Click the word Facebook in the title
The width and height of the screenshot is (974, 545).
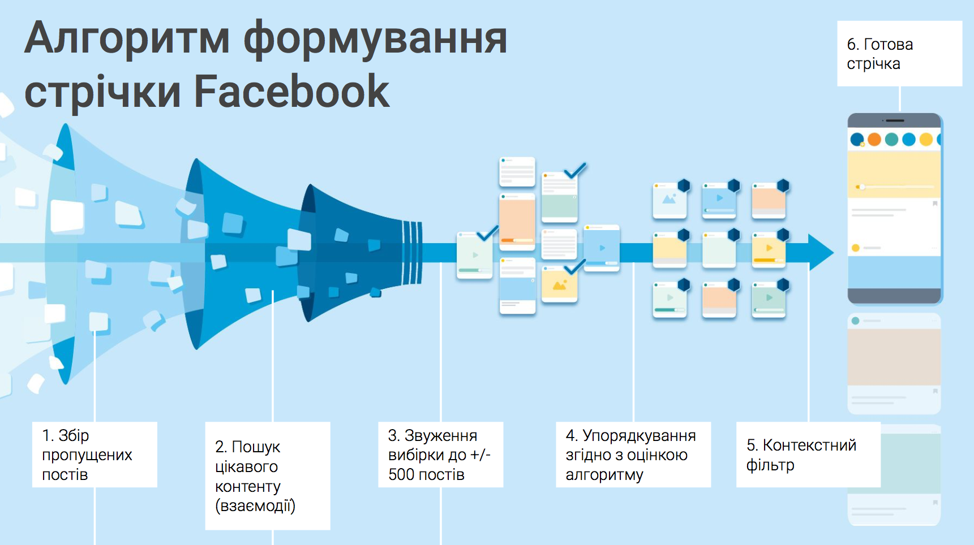click(x=291, y=91)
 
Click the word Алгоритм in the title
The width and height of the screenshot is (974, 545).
click(x=127, y=38)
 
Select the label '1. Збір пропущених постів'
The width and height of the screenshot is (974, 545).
click(x=94, y=455)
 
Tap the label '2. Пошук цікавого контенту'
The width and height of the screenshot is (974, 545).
click(x=267, y=475)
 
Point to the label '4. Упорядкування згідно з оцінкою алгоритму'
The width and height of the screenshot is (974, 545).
click(x=633, y=455)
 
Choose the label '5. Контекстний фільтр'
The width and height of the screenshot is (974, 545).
click(x=808, y=455)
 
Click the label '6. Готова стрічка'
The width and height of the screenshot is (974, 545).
click(x=899, y=54)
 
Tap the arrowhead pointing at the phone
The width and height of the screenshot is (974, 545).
click(x=821, y=252)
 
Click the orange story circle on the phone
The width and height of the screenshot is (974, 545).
click(x=874, y=139)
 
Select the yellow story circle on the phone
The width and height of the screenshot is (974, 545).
click(x=926, y=139)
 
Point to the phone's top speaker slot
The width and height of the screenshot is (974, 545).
click(x=894, y=120)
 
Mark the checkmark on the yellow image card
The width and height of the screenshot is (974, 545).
click(x=575, y=266)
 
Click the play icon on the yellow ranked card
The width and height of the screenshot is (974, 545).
click(x=769, y=248)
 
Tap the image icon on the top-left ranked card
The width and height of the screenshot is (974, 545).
click(x=669, y=199)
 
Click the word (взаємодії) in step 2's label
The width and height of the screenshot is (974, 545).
click(x=255, y=505)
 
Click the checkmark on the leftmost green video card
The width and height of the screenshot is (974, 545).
click(x=487, y=232)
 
